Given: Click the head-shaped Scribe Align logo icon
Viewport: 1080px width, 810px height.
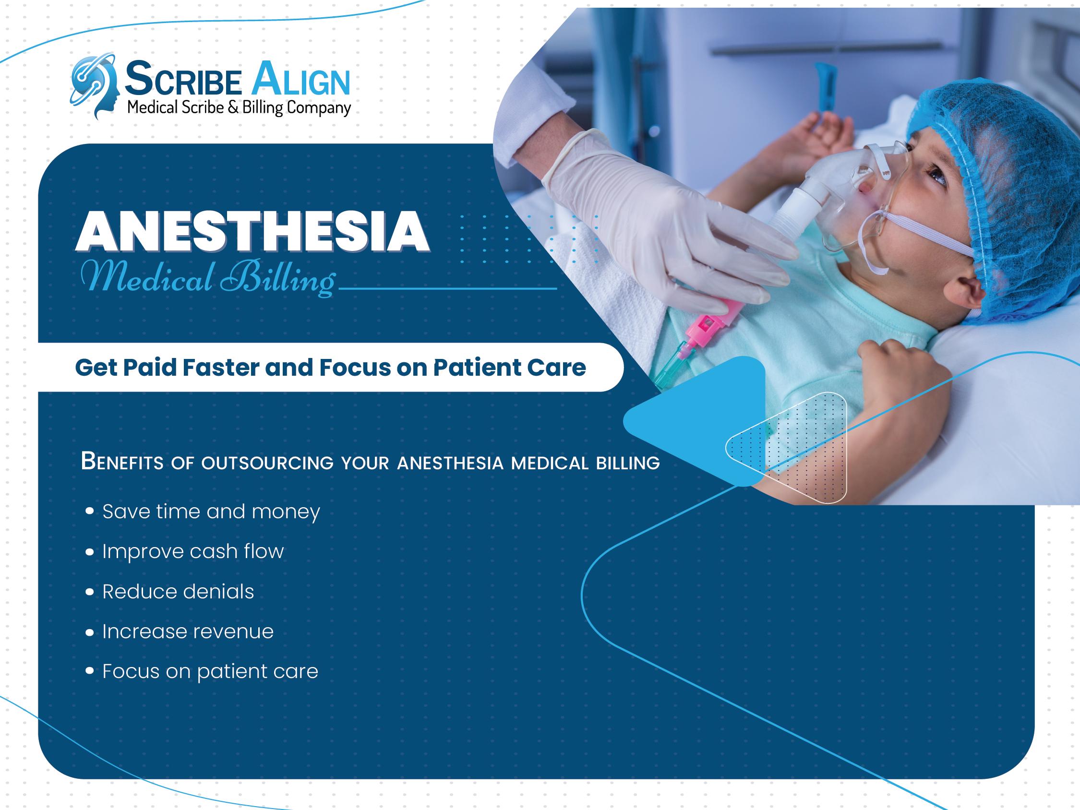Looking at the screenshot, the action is [95, 86].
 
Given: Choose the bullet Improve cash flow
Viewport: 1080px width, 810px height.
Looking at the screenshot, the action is [193, 552].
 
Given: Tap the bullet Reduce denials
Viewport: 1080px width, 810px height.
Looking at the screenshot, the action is [178, 592].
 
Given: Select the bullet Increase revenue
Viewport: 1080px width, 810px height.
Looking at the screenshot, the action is [188, 632].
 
